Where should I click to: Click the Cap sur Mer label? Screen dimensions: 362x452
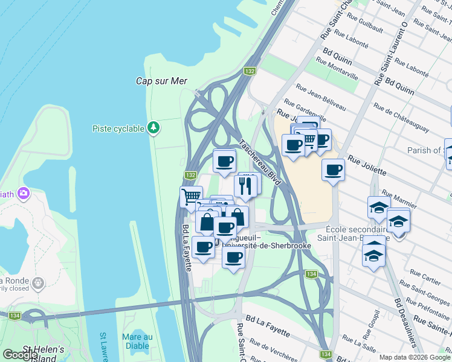click(161, 81)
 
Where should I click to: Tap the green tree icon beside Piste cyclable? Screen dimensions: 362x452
click(154, 128)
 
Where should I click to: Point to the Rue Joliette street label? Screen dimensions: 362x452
click(367, 167)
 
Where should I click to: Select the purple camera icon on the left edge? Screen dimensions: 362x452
click(24, 194)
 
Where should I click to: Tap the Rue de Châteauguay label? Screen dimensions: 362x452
click(401, 118)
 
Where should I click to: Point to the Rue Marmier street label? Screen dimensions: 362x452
click(399, 201)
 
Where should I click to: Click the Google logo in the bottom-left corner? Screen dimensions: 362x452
click(20, 355)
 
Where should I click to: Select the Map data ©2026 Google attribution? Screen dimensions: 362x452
click(414, 357)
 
